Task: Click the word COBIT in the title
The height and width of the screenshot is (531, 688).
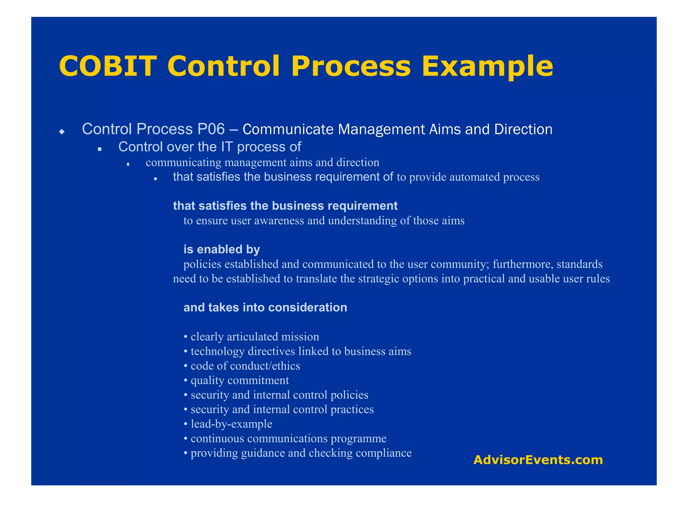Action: point(107,66)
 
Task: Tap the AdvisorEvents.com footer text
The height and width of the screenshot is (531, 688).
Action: point(538,460)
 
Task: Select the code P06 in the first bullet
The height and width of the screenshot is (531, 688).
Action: point(211,129)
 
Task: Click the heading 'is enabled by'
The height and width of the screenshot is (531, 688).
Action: point(222,249)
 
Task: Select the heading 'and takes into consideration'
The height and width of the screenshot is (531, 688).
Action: point(265,308)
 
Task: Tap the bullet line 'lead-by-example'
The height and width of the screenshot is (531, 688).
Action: point(231,424)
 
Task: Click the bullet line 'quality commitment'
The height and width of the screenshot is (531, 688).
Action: point(240,380)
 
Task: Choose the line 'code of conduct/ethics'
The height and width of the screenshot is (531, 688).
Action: point(245,366)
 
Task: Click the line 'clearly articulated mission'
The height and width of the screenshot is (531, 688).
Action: point(255,337)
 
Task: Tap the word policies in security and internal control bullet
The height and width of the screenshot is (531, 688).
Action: point(349,395)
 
